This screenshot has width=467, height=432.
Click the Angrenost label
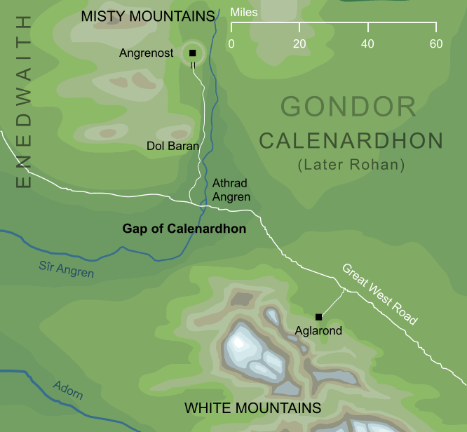click(x=146, y=53)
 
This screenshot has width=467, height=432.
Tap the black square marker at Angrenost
click(x=192, y=53)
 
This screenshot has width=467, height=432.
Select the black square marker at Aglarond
click(x=318, y=316)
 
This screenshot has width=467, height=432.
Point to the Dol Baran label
click(x=172, y=147)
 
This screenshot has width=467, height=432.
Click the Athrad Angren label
click(x=231, y=190)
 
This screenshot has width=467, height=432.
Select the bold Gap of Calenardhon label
click(x=184, y=229)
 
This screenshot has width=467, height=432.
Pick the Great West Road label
click(x=379, y=294)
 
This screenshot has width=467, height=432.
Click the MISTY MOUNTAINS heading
click(x=147, y=16)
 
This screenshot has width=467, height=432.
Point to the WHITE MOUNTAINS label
click(x=252, y=408)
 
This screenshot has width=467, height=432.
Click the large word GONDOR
click(x=348, y=107)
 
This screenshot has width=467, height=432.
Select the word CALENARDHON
click(x=351, y=141)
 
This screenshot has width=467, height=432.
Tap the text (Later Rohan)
click(x=351, y=166)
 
